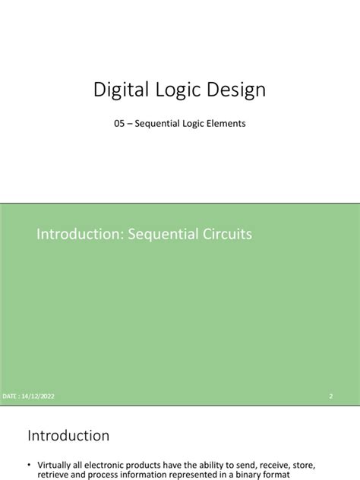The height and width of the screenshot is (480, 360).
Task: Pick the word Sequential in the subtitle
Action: point(158,122)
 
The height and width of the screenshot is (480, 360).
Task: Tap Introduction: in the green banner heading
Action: point(77,235)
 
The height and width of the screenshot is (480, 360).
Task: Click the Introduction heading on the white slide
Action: point(68,436)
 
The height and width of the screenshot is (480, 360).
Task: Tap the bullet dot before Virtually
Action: point(30,464)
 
